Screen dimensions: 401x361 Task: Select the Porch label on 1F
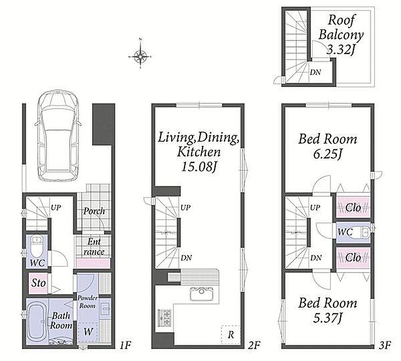click(94, 211)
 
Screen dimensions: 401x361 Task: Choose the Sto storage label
click(38, 283)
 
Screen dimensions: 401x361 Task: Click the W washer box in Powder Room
click(88, 332)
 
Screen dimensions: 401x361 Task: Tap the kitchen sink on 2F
click(201, 294)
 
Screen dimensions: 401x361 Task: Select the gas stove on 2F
click(164, 318)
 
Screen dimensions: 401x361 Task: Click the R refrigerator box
click(231, 334)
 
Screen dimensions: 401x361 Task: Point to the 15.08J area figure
click(199, 167)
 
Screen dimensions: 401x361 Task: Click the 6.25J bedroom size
click(327, 154)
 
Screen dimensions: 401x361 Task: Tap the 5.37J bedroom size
click(327, 318)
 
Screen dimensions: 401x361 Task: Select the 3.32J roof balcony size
click(341, 49)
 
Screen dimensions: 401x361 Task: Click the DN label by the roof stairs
click(315, 72)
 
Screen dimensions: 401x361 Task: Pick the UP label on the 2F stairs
click(186, 208)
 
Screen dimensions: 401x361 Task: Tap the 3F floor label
click(385, 345)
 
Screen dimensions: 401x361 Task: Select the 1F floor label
click(126, 345)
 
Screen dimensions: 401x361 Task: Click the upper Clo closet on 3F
click(353, 208)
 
